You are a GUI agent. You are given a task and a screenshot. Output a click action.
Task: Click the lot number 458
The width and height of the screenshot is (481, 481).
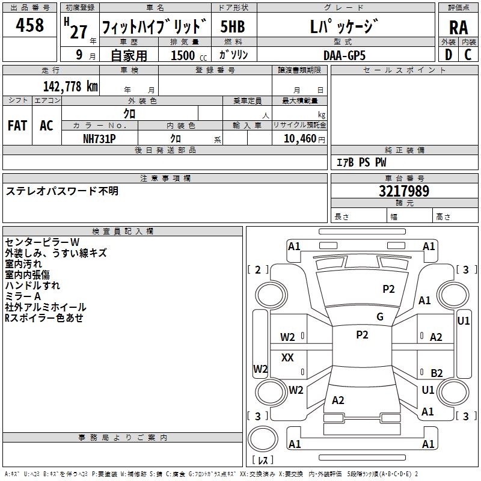click(x=30, y=25)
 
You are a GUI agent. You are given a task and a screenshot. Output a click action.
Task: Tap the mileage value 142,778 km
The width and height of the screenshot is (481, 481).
click(x=70, y=87)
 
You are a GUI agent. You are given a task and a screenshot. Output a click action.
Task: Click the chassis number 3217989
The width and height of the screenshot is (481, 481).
click(x=403, y=192)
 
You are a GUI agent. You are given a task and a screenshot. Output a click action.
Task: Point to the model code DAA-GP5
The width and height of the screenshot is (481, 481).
click(x=344, y=55)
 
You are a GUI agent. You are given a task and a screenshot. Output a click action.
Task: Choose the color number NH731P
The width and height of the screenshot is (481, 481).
click(x=99, y=138)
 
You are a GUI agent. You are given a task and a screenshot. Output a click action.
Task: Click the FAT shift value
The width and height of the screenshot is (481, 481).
click(x=17, y=126)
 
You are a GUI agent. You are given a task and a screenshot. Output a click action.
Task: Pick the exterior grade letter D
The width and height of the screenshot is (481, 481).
click(x=448, y=55)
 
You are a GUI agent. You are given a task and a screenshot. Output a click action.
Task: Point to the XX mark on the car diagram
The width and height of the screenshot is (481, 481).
click(x=288, y=358)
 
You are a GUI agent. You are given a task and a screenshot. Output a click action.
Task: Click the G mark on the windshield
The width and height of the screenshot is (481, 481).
click(x=380, y=317)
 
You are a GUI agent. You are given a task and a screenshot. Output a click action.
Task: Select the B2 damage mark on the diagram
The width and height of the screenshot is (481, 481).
click(x=437, y=373)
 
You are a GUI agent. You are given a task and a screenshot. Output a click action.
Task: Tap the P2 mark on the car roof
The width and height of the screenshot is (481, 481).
click(x=362, y=335)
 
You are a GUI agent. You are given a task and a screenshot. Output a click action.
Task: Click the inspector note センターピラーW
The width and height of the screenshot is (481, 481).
click(x=42, y=242)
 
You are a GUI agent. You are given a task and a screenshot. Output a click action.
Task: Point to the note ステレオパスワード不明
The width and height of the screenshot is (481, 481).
click(x=63, y=191)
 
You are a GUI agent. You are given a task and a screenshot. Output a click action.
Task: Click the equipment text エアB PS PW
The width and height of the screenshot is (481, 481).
click(x=361, y=162)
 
